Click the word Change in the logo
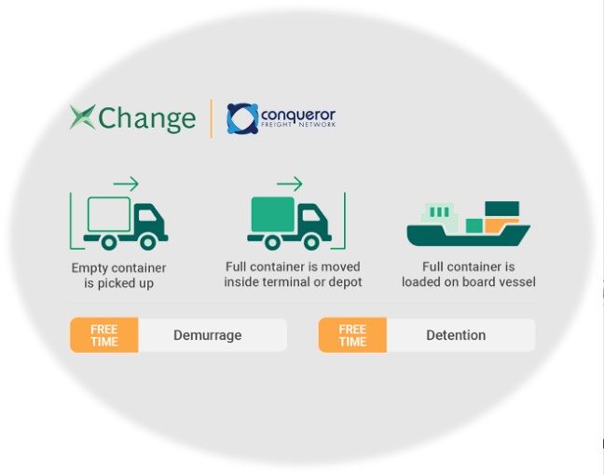coord(146,119)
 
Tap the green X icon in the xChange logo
coord(82,117)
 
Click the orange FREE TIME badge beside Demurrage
coord(104,335)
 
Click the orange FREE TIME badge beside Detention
coord(352,335)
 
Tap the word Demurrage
coord(207,335)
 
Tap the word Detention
coord(456,335)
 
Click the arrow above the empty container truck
coord(126,183)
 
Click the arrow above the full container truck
coord(290,183)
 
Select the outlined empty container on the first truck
coord(109,215)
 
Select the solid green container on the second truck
coord(271,215)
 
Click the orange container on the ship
coord(501,224)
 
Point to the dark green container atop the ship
coord(502,209)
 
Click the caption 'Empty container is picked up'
coord(119,276)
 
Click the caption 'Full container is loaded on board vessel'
coord(468,275)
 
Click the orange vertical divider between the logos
coord(212,118)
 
